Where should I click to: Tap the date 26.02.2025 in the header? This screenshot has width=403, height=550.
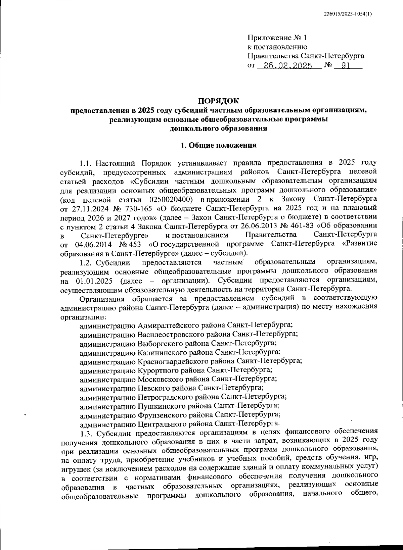click(288, 66)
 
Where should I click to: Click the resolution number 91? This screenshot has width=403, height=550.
click(346, 66)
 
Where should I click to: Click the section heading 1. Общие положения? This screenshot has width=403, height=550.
click(218, 145)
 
